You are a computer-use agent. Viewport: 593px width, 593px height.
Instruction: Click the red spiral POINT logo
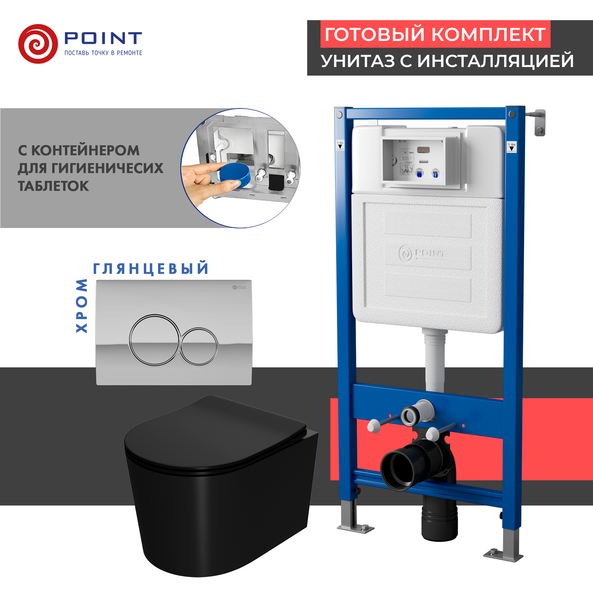coord(38,44)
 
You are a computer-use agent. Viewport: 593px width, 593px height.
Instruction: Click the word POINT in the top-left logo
coord(103,38)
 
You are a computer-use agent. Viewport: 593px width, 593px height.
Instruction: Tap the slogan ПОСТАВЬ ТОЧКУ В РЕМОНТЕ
coord(103,53)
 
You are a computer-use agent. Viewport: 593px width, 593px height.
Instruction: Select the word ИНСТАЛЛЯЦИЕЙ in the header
coord(495,61)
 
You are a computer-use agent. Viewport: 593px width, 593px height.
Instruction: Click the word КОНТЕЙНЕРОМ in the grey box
coord(85,150)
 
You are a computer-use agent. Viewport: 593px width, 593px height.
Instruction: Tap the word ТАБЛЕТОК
coord(53,186)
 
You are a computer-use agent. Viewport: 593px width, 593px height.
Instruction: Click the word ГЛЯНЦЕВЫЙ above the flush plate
coord(151,269)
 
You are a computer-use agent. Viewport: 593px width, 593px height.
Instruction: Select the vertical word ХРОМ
coord(82,306)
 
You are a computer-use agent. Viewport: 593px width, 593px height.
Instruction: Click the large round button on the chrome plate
coord(154,340)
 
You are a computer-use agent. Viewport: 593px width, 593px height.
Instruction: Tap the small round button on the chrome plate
coord(199,347)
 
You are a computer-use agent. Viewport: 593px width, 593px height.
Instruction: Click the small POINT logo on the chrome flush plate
coord(239,287)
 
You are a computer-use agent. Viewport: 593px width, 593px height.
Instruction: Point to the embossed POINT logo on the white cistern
coord(422,254)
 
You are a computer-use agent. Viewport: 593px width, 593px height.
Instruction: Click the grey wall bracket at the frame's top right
coord(540,122)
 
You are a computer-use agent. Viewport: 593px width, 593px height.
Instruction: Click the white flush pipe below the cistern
coord(435,362)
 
